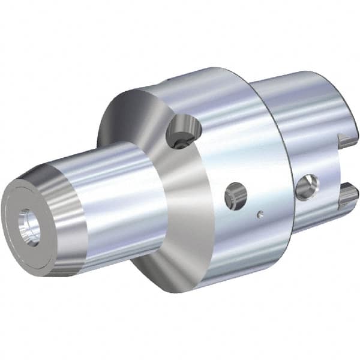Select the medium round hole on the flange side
click(x=235, y=197)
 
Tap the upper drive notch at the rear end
click(x=347, y=142)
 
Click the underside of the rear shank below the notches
click(x=318, y=219)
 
